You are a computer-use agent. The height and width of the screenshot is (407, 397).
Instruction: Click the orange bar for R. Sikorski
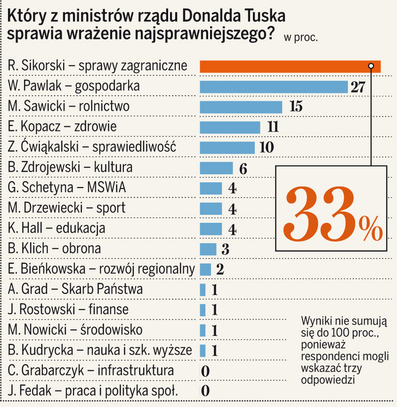point(289,66)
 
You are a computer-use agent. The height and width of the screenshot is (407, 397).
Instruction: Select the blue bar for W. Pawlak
point(274,86)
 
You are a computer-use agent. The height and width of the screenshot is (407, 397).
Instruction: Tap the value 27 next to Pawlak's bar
point(357,87)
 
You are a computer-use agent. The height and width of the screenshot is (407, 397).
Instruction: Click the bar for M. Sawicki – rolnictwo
point(242,107)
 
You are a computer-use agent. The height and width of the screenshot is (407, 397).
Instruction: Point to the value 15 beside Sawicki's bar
point(296,107)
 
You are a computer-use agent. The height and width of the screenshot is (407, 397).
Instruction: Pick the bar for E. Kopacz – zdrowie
point(230,127)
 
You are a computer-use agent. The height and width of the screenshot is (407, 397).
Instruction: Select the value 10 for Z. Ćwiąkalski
point(266,147)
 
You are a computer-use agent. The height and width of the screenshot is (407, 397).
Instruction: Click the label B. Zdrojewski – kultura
point(71,168)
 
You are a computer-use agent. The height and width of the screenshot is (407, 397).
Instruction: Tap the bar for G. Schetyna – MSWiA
point(211,188)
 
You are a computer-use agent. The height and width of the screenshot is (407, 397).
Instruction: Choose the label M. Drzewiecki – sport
point(67,208)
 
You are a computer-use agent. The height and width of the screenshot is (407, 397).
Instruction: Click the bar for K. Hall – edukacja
point(211,229)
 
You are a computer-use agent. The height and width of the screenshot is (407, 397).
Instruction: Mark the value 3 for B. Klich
point(226,250)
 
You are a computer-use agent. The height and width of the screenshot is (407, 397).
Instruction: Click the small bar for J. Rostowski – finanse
point(203,310)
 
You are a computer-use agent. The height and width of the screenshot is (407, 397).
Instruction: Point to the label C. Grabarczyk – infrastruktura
point(91,371)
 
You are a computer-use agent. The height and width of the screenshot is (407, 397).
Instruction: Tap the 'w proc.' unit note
point(301,37)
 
